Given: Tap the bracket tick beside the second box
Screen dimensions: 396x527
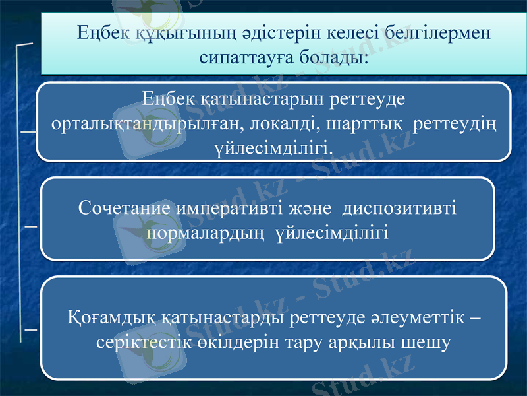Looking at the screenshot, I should (x=29, y=226).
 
